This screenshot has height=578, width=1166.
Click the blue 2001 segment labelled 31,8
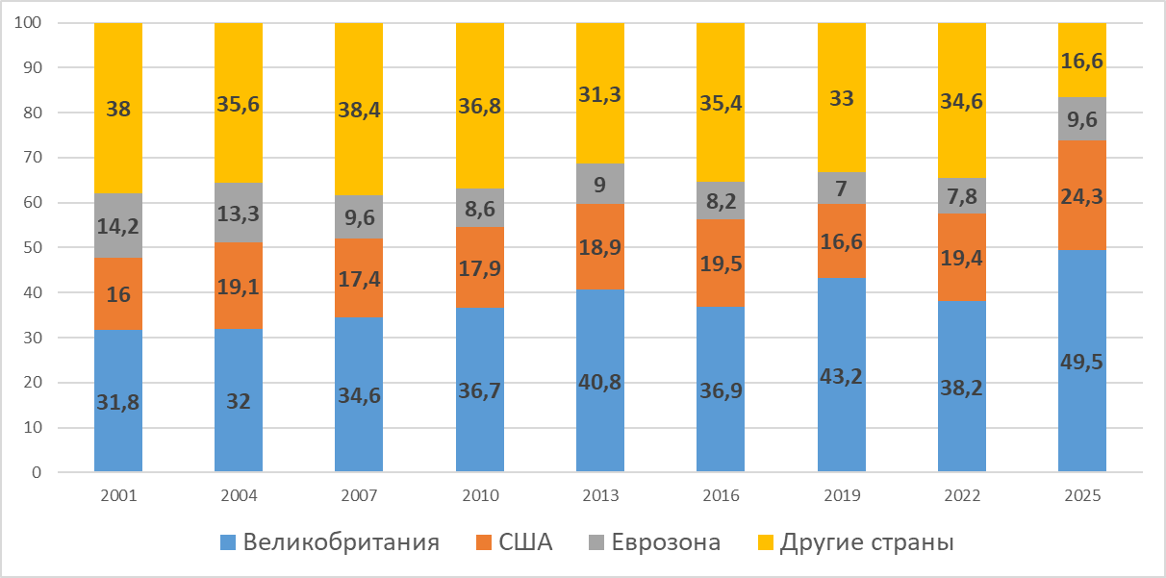click(x=118, y=401)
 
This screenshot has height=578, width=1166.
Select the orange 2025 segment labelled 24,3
click(x=1082, y=195)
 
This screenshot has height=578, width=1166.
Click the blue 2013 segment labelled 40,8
click(x=600, y=381)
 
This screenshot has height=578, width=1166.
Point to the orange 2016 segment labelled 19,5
click(x=721, y=263)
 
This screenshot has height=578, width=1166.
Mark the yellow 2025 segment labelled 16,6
click(x=1082, y=60)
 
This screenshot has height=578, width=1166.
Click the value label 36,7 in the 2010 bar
click(x=480, y=402)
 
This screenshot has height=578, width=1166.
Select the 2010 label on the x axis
click(x=480, y=496)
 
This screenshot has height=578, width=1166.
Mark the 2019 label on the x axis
click(x=842, y=496)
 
